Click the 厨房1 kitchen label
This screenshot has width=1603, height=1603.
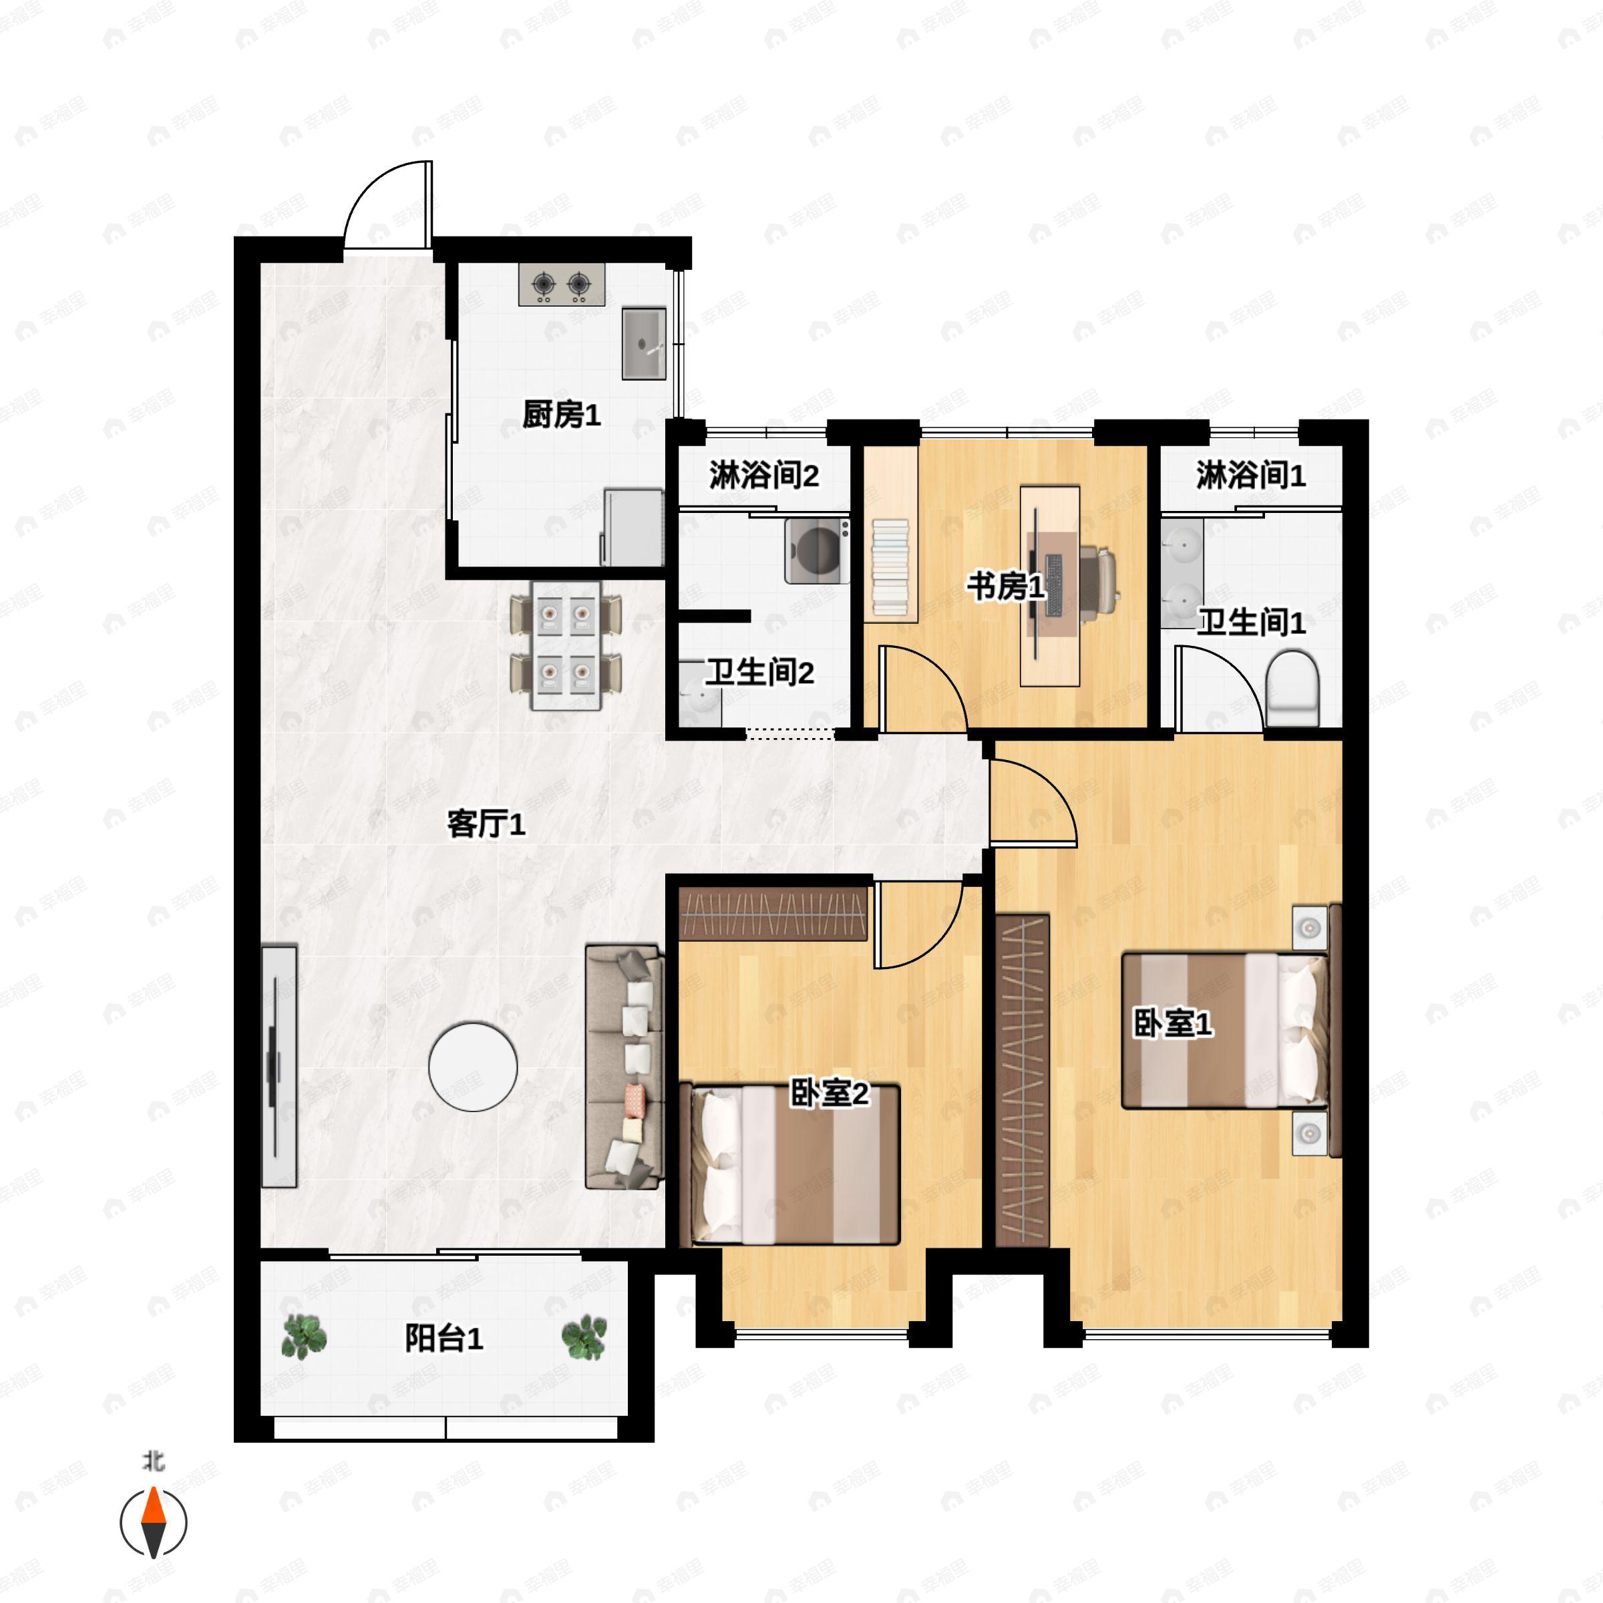click(x=561, y=415)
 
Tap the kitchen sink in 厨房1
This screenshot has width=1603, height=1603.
click(x=644, y=343)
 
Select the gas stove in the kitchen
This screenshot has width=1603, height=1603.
click(x=562, y=285)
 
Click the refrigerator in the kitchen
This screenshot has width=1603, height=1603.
click(x=633, y=528)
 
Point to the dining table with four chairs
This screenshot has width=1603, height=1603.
click(x=566, y=645)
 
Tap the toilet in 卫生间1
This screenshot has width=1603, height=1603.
click(x=1292, y=688)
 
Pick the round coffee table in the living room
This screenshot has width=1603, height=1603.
click(x=473, y=1066)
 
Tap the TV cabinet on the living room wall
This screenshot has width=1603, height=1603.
click(x=279, y=1065)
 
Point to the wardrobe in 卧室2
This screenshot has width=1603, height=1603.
click(x=773, y=914)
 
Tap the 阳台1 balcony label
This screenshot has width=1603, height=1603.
click(x=444, y=1339)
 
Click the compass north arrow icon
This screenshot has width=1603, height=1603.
click(x=154, y=1523)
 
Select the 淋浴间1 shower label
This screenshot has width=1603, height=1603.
click(x=1250, y=476)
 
